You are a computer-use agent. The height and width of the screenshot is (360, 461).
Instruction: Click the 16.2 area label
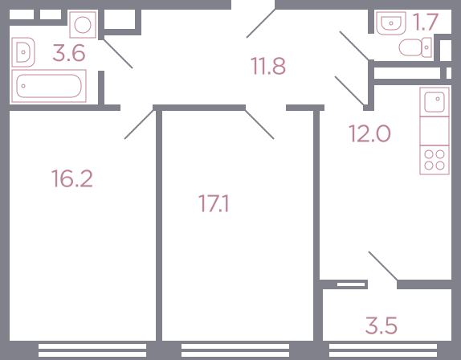pos(72,178)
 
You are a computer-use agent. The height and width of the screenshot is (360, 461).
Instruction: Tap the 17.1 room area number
pos(214,203)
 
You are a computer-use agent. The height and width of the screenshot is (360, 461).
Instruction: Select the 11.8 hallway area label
pos(268,66)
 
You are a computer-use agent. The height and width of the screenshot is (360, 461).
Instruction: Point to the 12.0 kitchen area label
pos(369,133)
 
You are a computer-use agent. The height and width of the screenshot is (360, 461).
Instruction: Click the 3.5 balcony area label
pos(381,325)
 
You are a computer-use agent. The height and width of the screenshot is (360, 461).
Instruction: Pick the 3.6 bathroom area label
pos(69,53)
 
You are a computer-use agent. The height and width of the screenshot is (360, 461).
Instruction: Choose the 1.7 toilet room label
pos(425,22)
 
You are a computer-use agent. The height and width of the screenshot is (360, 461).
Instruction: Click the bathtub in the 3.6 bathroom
pos(49,86)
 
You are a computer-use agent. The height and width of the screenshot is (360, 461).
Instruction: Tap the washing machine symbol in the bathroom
pos(83,25)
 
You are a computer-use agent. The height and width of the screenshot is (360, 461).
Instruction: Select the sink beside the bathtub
pos(23,52)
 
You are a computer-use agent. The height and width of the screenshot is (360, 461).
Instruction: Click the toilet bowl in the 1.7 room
pos(415,47)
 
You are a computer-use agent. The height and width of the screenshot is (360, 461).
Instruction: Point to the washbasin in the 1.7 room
pos(391,23)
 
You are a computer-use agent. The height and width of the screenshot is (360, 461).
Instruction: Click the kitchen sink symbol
pos(434,102)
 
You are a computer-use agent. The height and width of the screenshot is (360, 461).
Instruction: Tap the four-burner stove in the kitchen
pos(434,160)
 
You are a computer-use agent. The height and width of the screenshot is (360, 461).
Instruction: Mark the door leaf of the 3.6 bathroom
pos(118,54)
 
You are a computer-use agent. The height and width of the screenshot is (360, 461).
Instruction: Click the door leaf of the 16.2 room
pos(139,125)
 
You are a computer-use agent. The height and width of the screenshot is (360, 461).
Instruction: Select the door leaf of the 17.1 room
pos(259,125)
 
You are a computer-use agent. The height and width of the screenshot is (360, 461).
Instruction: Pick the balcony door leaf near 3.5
pos(383,266)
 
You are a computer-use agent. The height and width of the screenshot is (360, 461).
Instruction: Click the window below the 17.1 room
pos(235,350)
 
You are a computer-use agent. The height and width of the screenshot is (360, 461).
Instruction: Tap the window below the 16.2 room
pos(92,350)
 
